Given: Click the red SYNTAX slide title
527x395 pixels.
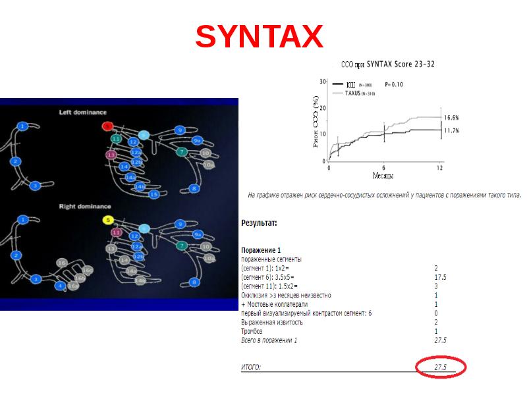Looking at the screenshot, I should pyautogui.click(x=259, y=37).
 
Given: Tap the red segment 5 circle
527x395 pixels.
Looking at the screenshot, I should pyautogui.click(x=107, y=126).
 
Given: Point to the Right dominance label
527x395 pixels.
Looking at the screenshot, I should pyautogui.click(x=85, y=206).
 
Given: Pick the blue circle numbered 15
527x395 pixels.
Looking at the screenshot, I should pyautogui.click(x=154, y=194).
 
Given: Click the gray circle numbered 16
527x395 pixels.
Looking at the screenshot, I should pyautogui.click(x=62, y=263).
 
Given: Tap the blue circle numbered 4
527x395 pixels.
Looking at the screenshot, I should pyautogui.click(x=60, y=286).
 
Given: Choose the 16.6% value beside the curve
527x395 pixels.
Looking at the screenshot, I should pyautogui.click(x=451, y=117).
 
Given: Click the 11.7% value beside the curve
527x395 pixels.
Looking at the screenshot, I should pyautogui.click(x=451, y=130).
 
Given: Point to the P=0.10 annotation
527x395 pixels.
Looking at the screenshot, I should pyautogui.click(x=393, y=84).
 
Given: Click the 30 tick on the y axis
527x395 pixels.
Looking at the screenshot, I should pyautogui.click(x=323, y=82).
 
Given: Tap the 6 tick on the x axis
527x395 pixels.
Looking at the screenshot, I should pyautogui.click(x=383, y=169).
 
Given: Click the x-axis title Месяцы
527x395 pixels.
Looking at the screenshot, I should pyautogui.click(x=383, y=176).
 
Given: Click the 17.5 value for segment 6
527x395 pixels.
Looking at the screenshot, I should pyautogui.click(x=440, y=278).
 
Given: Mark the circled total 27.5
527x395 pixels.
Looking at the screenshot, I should pyautogui.click(x=440, y=367).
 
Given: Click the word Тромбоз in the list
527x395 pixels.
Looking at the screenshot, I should pyautogui.click(x=254, y=331).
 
